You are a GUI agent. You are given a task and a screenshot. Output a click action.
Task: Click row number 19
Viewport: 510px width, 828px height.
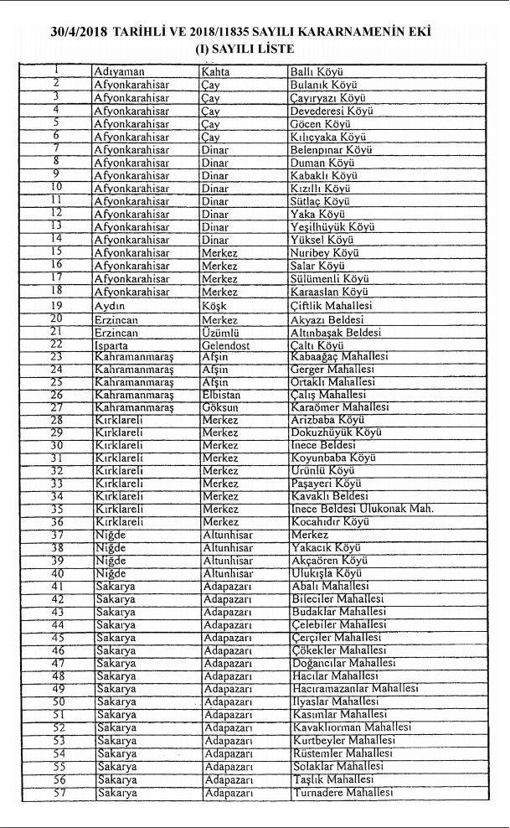click(x=58, y=305)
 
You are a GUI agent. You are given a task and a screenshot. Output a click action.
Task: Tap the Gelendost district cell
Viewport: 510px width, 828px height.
click(x=227, y=344)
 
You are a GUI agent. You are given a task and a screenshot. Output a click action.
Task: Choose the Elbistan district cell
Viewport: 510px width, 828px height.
click(x=222, y=394)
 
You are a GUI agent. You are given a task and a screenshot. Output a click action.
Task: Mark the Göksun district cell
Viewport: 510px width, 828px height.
click(x=220, y=407)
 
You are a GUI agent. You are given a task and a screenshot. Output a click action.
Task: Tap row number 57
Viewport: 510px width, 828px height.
click(x=58, y=792)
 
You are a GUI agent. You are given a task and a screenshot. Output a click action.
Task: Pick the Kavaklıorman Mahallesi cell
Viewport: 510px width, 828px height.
click(x=350, y=727)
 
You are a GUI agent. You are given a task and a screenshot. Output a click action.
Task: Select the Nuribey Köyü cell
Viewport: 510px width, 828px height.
click(x=324, y=252)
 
